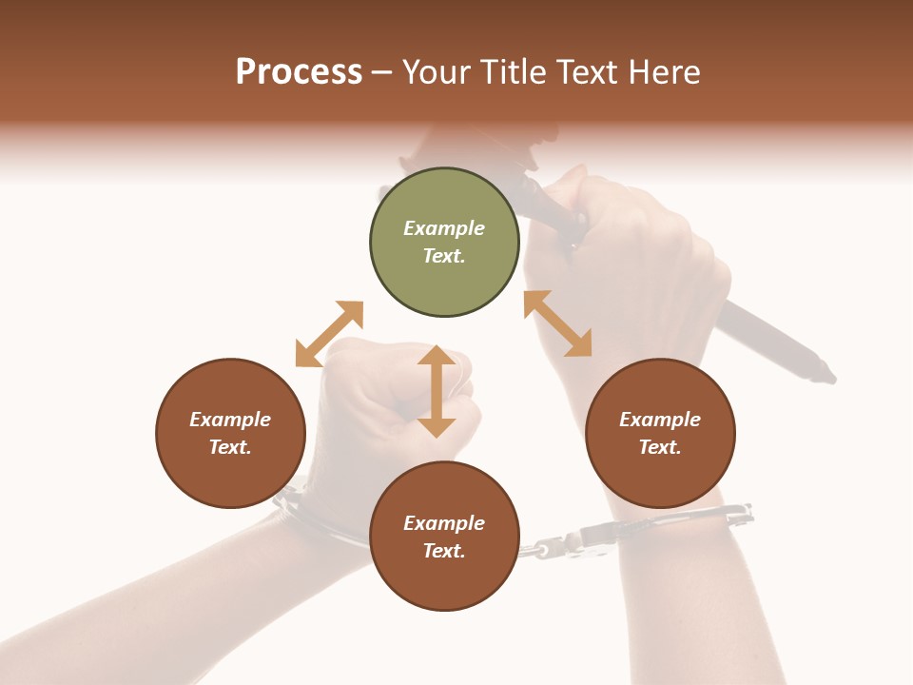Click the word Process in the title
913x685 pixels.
pos(299,72)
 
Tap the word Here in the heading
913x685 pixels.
pos(664,72)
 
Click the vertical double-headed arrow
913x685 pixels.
pos(437,391)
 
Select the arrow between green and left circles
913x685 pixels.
pos(329,333)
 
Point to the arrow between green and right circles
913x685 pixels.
pos(558,323)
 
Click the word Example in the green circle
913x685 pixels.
pos(444,228)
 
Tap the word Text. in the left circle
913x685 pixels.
pos(230,447)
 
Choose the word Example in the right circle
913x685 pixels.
pos(660,420)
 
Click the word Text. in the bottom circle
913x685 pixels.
pos(444,551)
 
